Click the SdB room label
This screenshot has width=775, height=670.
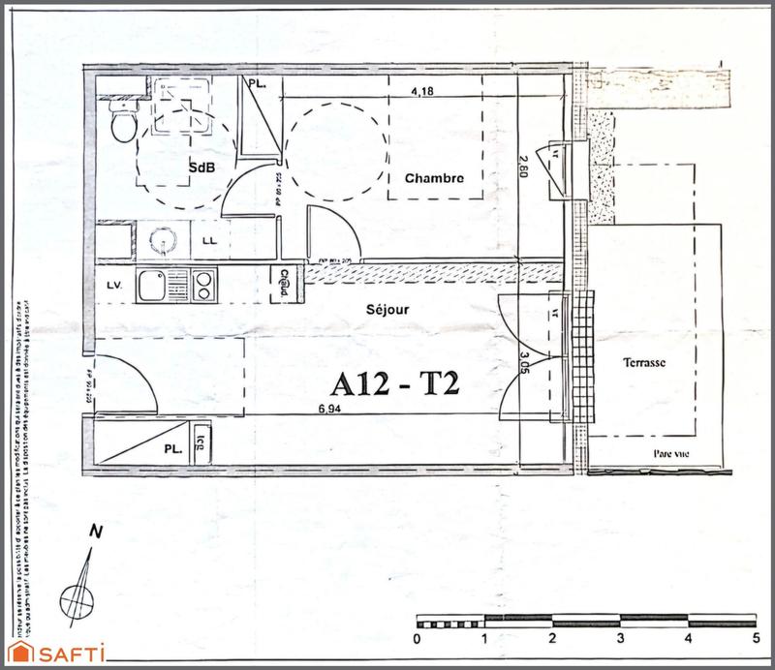tap(201, 167)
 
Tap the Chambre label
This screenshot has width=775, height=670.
tap(434, 178)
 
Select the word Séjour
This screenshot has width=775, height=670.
tap(387, 310)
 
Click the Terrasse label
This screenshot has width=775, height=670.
tap(644, 361)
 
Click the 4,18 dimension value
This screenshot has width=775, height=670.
tap(422, 93)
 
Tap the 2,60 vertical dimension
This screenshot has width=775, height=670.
tap(524, 167)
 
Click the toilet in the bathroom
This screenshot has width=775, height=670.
tap(123, 123)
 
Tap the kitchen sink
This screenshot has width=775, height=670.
tap(153, 286)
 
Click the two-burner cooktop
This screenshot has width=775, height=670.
tap(204, 285)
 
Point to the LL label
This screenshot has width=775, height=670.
tap(210, 239)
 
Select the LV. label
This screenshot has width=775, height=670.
tap(114, 285)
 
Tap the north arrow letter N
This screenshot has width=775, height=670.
tap(95, 531)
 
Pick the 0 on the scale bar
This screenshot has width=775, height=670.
tap(417, 639)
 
